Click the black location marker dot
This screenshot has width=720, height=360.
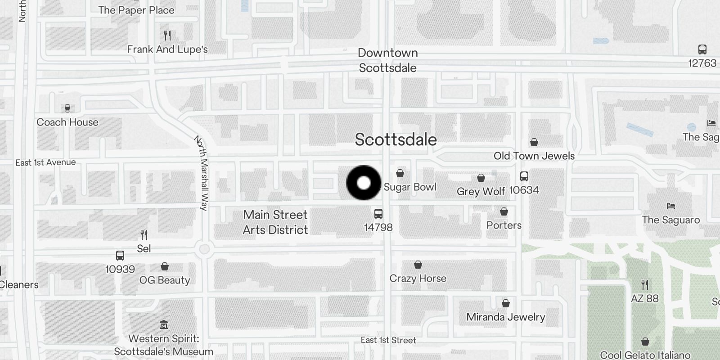pos(364,183)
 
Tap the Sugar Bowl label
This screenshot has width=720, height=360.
pos(410,187)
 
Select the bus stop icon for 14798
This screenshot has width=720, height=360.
pos(378,214)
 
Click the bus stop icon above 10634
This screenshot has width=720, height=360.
pos(524,176)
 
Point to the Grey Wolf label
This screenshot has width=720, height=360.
pos(481,192)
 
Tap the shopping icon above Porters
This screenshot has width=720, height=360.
pos(504,211)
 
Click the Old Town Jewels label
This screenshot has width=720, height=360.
pos(534,156)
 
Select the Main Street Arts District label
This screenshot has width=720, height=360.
pos(275,222)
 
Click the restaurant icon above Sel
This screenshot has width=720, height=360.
pos(144,235)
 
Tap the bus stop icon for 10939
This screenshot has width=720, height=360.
pos(120,256)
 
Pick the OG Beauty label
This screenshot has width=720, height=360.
pos(165,280)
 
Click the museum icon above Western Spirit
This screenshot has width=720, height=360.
pos(164,325)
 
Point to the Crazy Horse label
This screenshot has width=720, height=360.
pos(418,279)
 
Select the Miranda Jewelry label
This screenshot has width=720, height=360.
pos(506,317)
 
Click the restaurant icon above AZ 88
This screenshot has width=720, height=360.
pos(645,284)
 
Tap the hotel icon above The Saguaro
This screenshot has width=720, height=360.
pos(671,206)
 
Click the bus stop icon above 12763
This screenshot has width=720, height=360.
pos(702,49)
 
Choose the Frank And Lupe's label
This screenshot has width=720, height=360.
pos(167,49)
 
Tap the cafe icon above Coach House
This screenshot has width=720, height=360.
pos(67,108)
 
